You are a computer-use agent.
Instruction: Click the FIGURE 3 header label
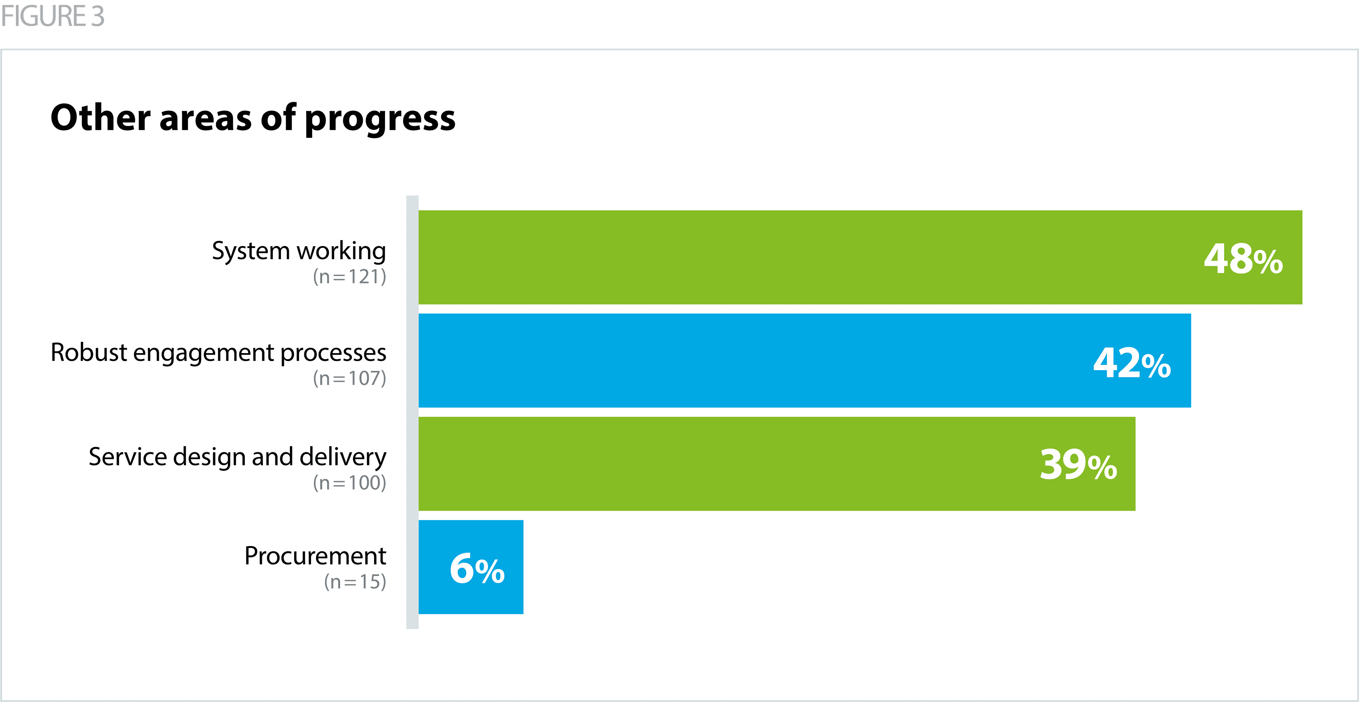coord(53,16)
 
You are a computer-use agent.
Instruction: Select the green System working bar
coord(791,257)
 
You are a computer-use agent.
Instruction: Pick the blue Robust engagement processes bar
coord(739,361)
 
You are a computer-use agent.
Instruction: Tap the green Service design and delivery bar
coord(712,463)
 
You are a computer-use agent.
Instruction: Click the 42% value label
coord(1132,363)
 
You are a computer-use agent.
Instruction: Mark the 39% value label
coord(1078,464)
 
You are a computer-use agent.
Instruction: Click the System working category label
coord(299,251)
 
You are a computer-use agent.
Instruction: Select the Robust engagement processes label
coord(218,352)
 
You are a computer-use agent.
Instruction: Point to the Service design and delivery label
coord(237,457)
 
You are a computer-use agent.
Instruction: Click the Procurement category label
coord(315,556)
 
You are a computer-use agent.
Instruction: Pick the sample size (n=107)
coord(349,378)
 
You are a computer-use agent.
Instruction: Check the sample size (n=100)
coord(349,482)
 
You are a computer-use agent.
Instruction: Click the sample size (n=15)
coord(355,582)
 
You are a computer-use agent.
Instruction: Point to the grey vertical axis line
coord(412,412)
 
